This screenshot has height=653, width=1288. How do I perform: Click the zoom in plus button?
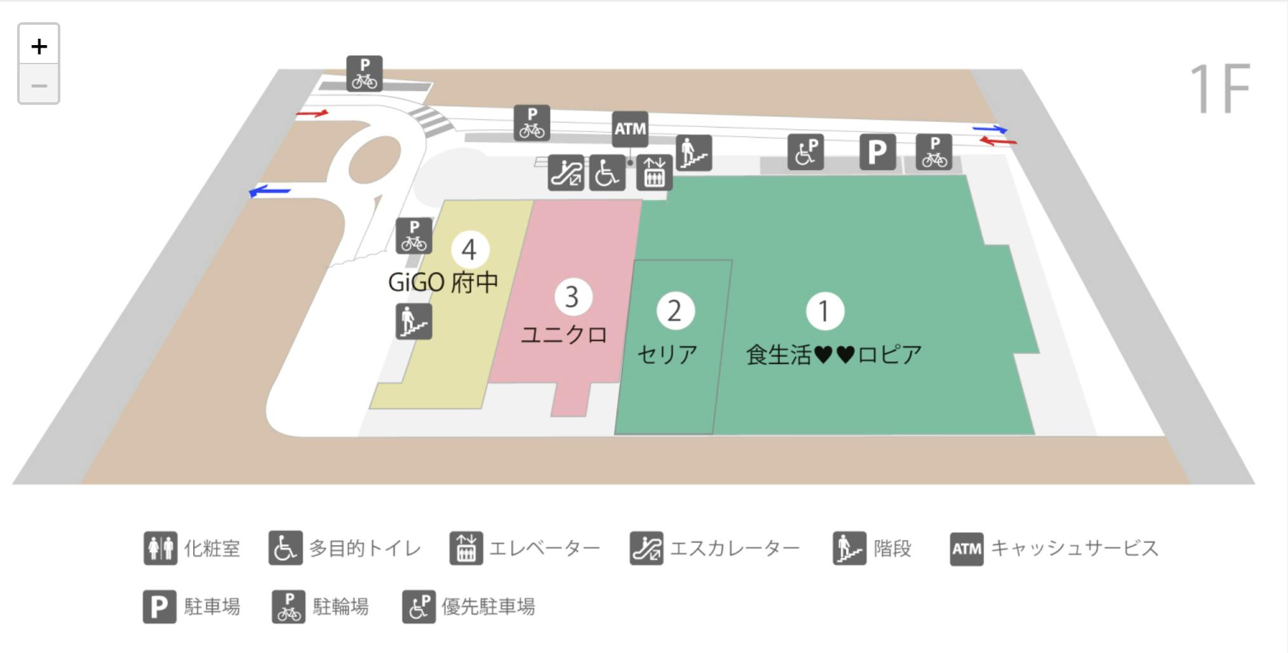click(39, 46)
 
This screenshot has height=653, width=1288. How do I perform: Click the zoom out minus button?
click(39, 84)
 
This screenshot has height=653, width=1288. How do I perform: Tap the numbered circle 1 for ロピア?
click(824, 311)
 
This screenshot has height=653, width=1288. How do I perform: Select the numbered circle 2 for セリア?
click(674, 311)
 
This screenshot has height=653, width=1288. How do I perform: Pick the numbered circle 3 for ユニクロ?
click(572, 297)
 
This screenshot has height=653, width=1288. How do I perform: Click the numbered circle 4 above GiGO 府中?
click(469, 250)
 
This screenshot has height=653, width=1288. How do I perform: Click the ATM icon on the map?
click(629, 129)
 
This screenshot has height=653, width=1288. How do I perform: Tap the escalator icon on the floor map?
click(565, 173)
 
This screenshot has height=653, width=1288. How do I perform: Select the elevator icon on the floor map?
click(654, 173)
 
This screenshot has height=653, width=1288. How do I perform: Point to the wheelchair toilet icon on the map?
click(607, 173)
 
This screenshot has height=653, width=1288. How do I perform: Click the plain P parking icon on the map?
click(877, 152)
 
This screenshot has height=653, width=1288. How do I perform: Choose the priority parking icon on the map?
click(805, 152)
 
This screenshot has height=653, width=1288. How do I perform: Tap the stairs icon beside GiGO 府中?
click(413, 321)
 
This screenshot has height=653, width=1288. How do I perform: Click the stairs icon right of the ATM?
click(694, 153)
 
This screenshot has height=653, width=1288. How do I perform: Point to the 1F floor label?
click(1219, 89)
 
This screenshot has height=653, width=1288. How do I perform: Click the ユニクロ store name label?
click(564, 335)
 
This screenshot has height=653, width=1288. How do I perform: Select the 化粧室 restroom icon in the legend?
click(160, 548)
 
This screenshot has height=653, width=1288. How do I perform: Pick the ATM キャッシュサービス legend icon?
click(966, 548)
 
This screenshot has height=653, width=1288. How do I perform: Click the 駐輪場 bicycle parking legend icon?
click(289, 607)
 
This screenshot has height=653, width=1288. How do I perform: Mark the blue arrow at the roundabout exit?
click(270, 191)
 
